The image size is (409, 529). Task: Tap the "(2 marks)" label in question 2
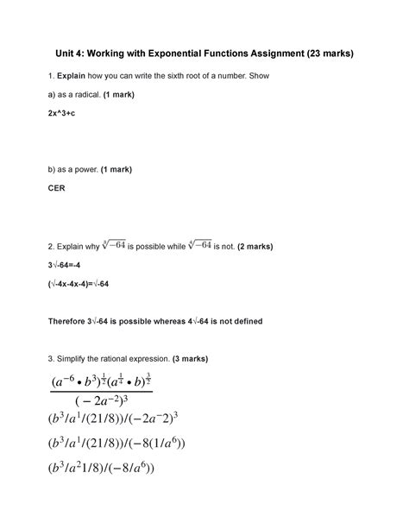click(257, 247)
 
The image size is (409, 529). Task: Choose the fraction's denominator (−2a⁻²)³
click(101, 403)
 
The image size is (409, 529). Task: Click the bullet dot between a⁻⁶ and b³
click(80, 380)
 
